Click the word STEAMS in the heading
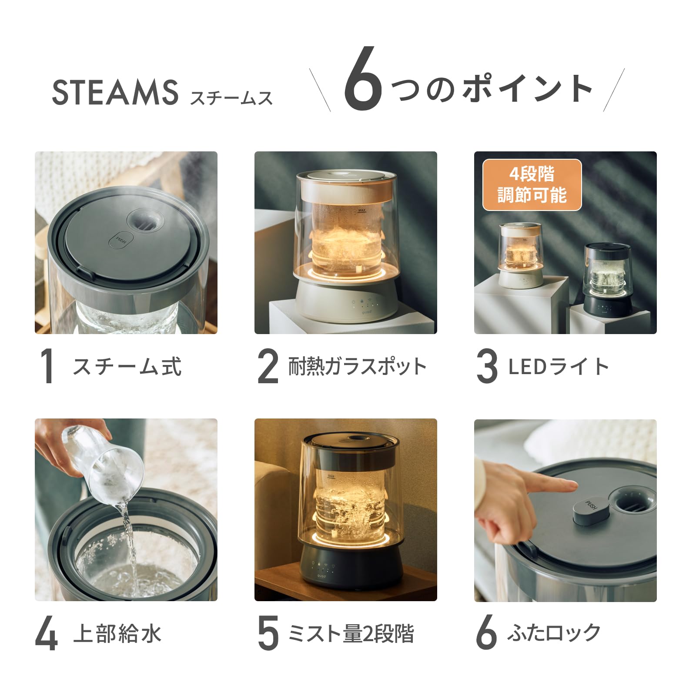point(115,92)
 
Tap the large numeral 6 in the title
point(363,79)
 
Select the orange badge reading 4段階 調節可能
point(532,185)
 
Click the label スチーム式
point(127,366)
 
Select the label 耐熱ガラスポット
point(357,366)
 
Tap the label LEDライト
point(559,366)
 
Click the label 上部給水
point(117,633)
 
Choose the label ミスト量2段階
point(351,633)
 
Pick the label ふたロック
point(554,632)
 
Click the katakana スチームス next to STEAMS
point(231,98)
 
